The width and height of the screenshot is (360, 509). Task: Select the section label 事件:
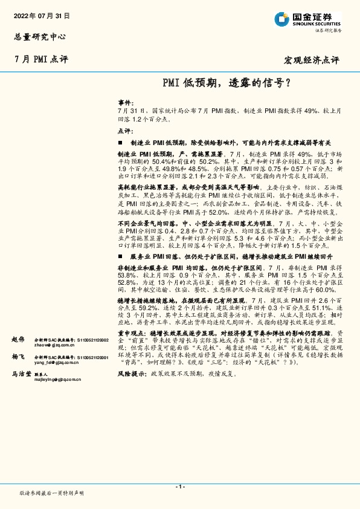(x=124, y=103)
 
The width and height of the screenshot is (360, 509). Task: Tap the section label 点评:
(x=124, y=130)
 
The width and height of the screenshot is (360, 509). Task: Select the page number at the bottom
(x=179, y=487)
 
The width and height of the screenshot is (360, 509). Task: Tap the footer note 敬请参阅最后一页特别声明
(x=51, y=493)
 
